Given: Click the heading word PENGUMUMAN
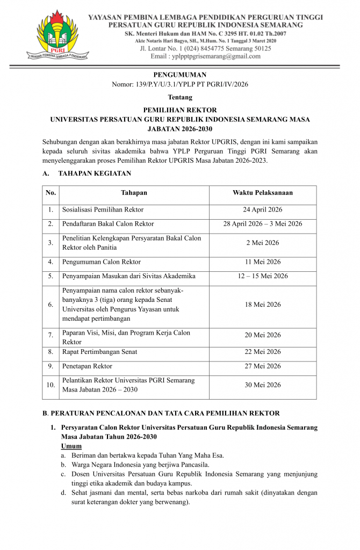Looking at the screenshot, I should click(179, 75).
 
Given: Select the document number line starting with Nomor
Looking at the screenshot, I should click(179, 84).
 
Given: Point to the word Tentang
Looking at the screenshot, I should click(179, 97).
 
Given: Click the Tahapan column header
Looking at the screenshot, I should click(134, 193).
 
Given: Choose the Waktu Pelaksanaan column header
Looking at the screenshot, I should click(262, 193).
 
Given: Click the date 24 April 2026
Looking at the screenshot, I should click(262, 209).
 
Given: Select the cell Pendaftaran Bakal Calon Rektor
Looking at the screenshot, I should click(108, 224).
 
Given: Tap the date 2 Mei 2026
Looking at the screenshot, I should click(262, 243).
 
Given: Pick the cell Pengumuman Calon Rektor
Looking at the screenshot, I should click(102, 262).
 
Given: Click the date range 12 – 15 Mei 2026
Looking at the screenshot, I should click(262, 276).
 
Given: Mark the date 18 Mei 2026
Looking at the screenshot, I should click(262, 305).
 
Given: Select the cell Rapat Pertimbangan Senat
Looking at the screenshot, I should click(100, 352).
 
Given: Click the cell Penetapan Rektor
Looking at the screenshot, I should click(88, 366).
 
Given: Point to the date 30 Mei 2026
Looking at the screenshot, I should click(262, 385).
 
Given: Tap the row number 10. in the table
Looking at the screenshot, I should click(50, 385).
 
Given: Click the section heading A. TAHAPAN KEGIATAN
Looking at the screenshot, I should click(87, 173).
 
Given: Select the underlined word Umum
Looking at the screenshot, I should click(71, 446).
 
